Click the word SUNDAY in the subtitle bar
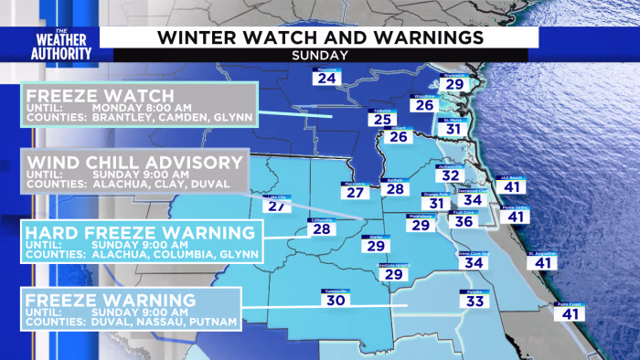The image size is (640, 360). (319, 55)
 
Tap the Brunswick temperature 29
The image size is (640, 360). (454, 84)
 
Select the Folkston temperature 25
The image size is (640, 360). (383, 120)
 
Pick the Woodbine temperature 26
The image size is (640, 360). (423, 105)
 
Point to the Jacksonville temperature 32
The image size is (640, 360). (451, 175)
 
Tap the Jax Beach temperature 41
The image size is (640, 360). (512, 186)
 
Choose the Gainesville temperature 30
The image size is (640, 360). (336, 300)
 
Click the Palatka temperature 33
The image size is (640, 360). (475, 301)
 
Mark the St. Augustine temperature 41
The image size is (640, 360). (543, 263)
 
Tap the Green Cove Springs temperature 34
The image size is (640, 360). (472, 262)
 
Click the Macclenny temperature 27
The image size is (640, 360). (357, 192)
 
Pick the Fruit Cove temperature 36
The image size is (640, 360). (464, 220)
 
